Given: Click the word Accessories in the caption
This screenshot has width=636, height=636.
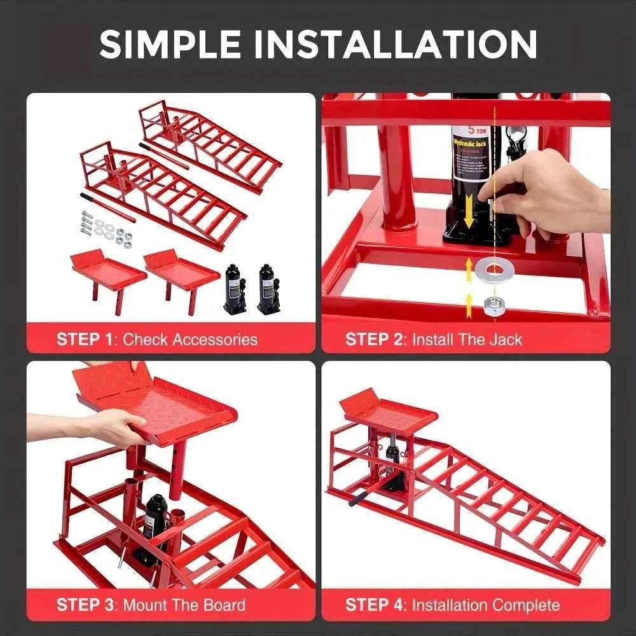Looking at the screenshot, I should click(x=209, y=339).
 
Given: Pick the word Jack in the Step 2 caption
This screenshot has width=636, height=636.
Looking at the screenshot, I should click(x=506, y=339).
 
